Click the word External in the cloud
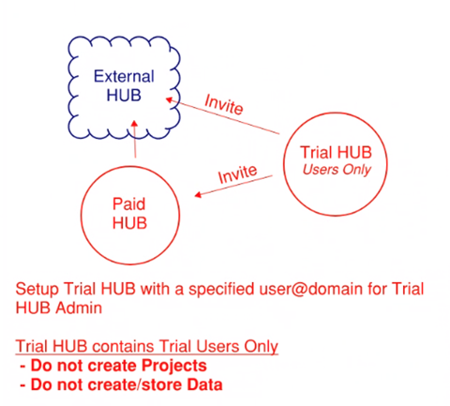[x=124, y=77]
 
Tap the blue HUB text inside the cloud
[x=124, y=96]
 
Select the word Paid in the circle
[x=128, y=204]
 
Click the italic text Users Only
[x=337, y=170]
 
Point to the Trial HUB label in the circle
[x=336, y=153]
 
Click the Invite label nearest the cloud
[x=224, y=104]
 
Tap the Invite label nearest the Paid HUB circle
[x=238, y=173]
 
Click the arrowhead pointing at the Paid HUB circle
[x=198, y=195]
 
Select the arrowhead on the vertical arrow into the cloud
[x=135, y=123]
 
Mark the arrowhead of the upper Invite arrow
[x=169, y=100]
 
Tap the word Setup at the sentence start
[x=37, y=290]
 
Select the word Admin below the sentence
[x=79, y=308]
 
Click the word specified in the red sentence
[x=221, y=290]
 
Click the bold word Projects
[x=173, y=366]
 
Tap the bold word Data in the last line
[x=204, y=384]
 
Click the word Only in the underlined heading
[x=261, y=347]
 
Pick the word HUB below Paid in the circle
[x=129, y=223]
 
